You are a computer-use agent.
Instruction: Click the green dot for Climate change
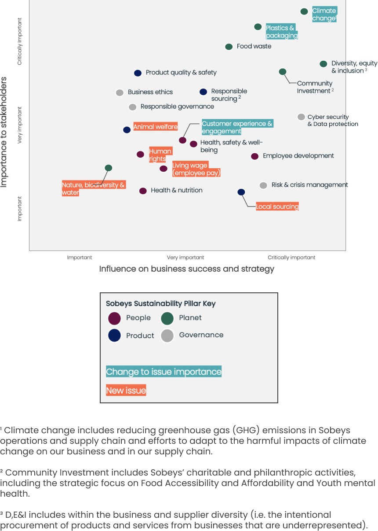pos(304,11)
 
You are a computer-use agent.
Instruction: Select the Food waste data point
pos(229,47)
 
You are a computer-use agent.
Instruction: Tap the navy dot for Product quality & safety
pos(138,73)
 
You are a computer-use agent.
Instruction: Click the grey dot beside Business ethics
pos(120,92)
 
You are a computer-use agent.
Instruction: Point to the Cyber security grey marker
pos(301,117)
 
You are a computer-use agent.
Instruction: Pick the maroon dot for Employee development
pos(254,156)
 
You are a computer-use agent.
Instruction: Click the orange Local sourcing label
pos(277,206)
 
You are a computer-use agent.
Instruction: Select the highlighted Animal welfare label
pos(155,127)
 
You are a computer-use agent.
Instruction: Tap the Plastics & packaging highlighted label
pos(282,32)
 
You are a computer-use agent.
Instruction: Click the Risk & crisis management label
pos(309,185)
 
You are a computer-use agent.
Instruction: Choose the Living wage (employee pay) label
pos(196,170)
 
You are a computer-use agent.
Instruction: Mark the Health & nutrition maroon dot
pos(143,191)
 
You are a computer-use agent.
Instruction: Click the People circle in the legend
pos(114,318)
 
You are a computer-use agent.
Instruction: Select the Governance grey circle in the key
pos(167,336)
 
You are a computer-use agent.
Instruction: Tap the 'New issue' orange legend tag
pos(126,391)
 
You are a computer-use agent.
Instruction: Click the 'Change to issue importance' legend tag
pos(164,372)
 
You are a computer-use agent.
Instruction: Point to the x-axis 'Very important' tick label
pos(185,258)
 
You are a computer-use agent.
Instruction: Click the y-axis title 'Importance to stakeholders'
pos(4,132)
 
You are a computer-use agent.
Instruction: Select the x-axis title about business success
pos(186,269)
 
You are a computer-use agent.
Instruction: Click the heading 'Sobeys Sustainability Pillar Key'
pos(161,304)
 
